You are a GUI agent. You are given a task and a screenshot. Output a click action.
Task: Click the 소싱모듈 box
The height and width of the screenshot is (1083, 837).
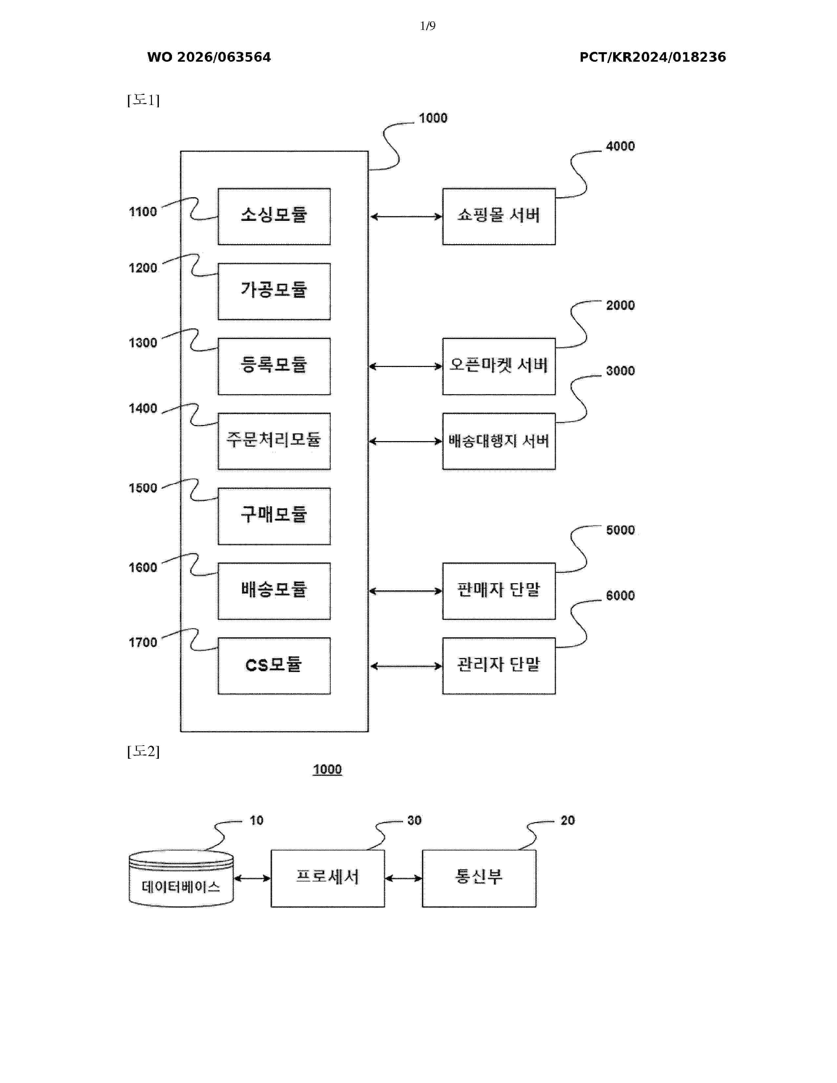(x=274, y=216)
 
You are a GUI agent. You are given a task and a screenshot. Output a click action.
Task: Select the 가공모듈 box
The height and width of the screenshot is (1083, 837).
(x=274, y=291)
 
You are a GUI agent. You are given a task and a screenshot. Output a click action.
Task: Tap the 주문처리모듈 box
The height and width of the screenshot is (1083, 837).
(x=274, y=441)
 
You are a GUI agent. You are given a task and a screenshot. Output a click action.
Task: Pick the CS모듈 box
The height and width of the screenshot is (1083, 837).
(x=274, y=666)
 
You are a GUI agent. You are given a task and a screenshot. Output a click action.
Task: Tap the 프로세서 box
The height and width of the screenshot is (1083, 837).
(x=327, y=878)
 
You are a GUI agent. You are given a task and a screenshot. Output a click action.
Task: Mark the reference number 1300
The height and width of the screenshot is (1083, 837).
(x=143, y=343)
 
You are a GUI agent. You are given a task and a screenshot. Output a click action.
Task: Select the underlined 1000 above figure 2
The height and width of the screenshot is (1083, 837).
(x=327, y=770)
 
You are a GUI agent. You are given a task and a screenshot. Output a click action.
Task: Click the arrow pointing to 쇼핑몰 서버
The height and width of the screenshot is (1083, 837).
(x=406, y=217)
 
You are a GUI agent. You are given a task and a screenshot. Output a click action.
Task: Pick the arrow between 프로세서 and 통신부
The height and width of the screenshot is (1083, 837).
(x=403, y=879)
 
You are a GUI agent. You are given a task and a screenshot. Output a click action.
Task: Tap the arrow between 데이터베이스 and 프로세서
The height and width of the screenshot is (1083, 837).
(x=252, y=879)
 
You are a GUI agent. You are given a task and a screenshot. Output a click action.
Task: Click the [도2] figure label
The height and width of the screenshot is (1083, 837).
(x=143, y=751)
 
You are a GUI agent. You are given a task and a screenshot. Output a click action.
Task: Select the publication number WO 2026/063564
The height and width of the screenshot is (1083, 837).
(x=209, y=57)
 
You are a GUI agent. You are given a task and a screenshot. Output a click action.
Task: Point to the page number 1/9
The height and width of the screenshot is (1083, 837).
(x=427, y=26)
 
